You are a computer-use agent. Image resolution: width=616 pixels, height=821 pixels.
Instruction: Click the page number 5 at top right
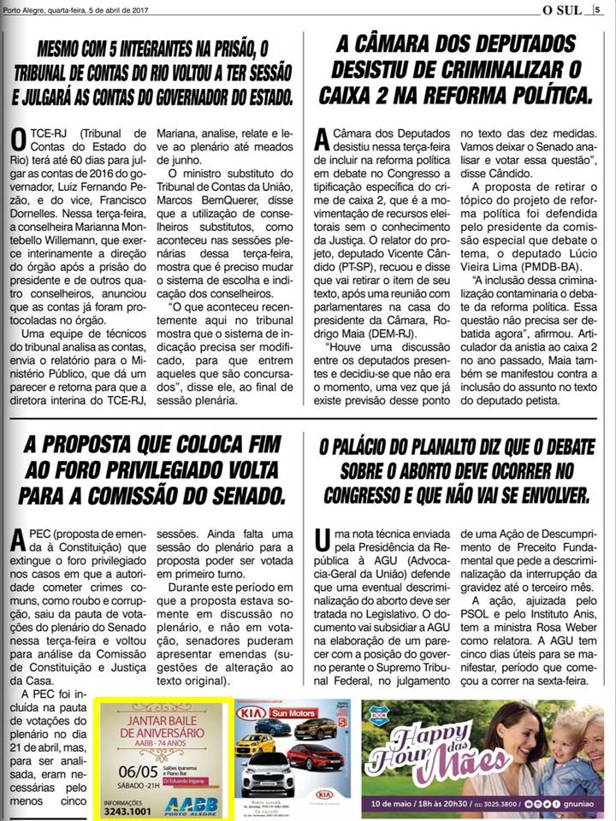point(601,9)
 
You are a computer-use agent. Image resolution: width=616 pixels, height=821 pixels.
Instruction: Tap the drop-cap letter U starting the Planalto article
point(323,539)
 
